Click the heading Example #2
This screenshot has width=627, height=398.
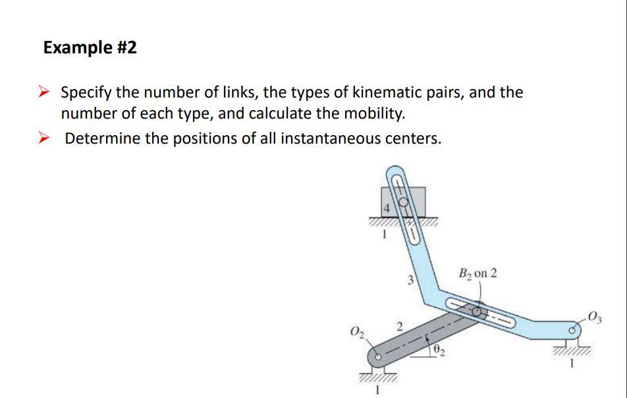point(90,47)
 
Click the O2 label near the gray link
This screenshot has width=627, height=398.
point(356,329)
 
